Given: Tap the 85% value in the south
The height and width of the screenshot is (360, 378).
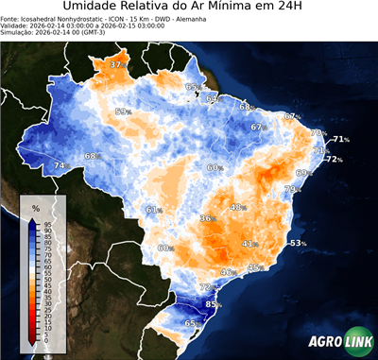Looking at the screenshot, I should click(214, 304).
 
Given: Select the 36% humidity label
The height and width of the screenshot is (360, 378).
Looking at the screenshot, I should click(207, 218).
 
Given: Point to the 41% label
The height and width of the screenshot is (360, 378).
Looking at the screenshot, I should click(249, 244).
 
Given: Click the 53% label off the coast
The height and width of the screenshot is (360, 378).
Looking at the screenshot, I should click(298, 243).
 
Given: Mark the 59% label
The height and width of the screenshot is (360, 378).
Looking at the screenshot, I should click(122, 111).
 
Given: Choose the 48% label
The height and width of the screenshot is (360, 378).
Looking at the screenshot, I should click(237, 207).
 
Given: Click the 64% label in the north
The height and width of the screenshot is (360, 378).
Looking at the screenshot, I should click(213, 98).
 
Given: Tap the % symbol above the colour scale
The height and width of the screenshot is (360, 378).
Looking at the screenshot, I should click(35, 207).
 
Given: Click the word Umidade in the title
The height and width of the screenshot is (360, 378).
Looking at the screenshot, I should click(95, 9).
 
